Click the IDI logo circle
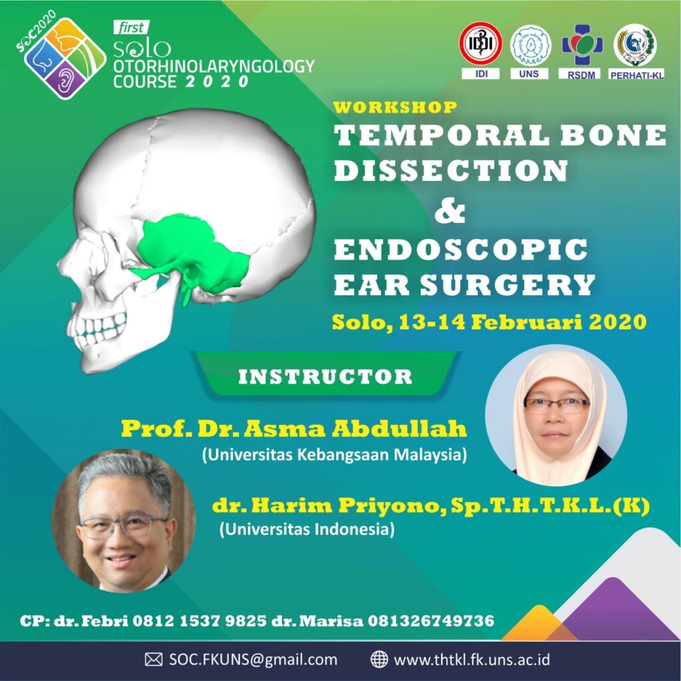(481, 43)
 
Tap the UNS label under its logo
(529, 74)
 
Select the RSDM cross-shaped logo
(583, 45)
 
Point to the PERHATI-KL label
(636, 74)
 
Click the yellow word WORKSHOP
(395, 107)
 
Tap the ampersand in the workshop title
(450, 212)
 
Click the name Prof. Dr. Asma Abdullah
(294, 429)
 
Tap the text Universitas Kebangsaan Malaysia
(335, 455)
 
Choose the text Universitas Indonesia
(307, 529)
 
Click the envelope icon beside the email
(154, 659)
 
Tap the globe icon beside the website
(378, 659)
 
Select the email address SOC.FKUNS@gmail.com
(253, 660)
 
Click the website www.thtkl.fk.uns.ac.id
(472, 660)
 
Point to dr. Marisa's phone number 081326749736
(431, 620)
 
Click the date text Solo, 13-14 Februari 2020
(489, 323)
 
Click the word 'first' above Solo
(131, 28)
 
